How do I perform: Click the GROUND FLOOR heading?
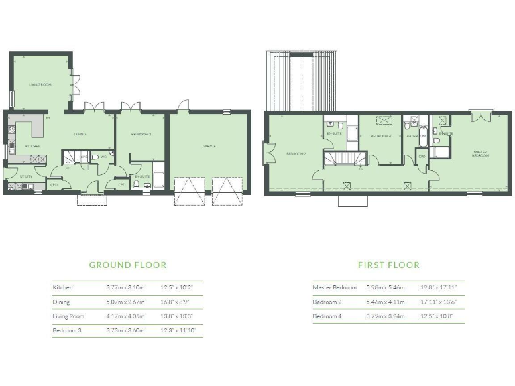(x=127, y=265)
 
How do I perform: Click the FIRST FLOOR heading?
(x=388, y=265)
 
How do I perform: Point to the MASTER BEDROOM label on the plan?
(x=480, y=153)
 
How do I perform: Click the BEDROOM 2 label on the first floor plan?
(x=296, y=154)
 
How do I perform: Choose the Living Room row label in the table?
(x=70, y=316)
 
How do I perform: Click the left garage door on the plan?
(x=190, y=190)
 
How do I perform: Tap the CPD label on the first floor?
(x=422, y=157)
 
